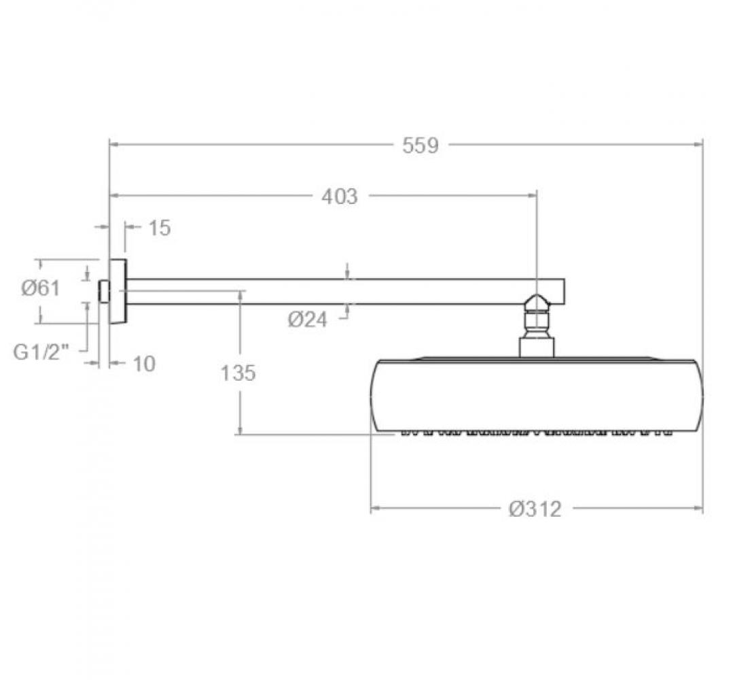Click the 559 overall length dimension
click(x=421, y=145)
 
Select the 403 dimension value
click(x=340, y=196)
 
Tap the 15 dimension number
click(x=160, y=228)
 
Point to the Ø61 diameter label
click(x=41, y=288)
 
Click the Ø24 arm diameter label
click(x=307, y=320)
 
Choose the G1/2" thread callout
click(x=41, y=352)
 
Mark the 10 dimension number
click(x=145, y=364)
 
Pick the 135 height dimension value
click(x=238, y=373)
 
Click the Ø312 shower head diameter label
click(x=535, y=509)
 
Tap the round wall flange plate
click(x=118, y=291)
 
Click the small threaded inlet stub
click(x=104, y=291)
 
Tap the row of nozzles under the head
click(x=537, y=432)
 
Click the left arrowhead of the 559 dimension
click(x=113, y=145)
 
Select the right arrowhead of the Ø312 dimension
click(x=698, y=508)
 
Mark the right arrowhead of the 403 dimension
click(x=532, y=196)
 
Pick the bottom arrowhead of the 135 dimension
click(x=240, y=430)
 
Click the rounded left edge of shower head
click(x=374, y=396)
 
